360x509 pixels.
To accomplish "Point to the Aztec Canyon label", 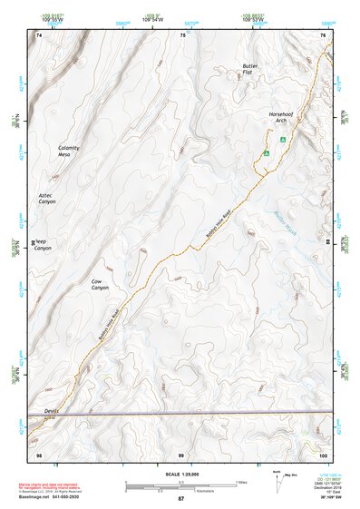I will [x=47, y=198].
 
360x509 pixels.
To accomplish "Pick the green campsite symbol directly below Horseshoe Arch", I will [x=283, y=140].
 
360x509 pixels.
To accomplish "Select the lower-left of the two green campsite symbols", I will [x=266, y=153].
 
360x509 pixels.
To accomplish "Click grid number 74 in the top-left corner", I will [x=38, y=35].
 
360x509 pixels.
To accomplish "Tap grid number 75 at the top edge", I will [x=183, y=35].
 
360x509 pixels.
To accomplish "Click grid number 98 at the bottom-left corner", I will [x=38, y=453].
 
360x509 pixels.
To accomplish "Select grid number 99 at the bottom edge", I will [x=180, y=453].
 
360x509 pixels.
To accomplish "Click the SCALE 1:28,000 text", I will [x=180, y=474].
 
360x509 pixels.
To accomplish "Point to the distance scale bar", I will [x=180, y=485].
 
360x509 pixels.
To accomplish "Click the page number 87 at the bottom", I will [x=180, y=499].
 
